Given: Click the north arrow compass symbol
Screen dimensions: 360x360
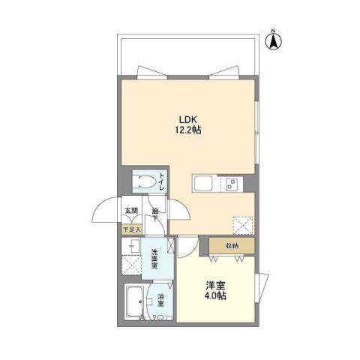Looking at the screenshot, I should point(274,40).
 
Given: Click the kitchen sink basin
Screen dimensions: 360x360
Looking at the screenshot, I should point(205,183).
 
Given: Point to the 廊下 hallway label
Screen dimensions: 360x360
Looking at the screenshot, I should point(155,213).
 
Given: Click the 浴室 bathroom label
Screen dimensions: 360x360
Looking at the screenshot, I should point(160,301).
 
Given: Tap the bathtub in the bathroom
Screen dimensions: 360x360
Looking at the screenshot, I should point(136,302).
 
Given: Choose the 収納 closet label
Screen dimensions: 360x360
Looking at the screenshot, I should point(231,245).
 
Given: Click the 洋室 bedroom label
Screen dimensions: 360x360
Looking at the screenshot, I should point(216,284).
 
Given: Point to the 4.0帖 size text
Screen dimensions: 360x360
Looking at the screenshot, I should point(216,295).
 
